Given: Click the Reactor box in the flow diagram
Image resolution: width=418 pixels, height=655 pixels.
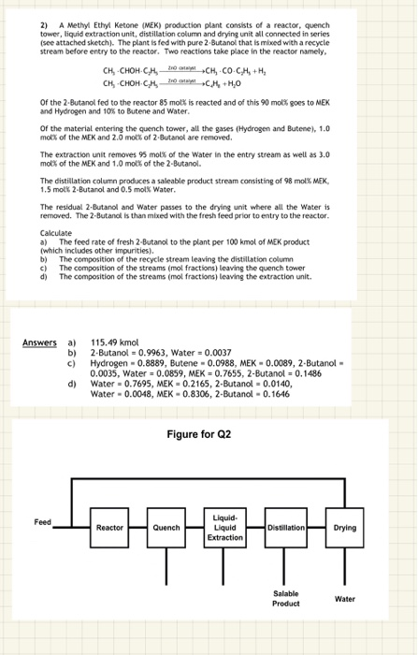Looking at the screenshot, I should click(109, 528).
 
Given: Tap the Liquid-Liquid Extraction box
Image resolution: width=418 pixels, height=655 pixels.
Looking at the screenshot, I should click(224, 527).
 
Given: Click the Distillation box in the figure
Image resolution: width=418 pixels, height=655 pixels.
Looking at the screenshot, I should click(286, 528).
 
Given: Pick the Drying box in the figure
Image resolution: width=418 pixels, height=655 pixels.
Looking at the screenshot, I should click(345, 528).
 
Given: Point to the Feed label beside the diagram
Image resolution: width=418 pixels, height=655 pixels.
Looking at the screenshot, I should click(42, 521).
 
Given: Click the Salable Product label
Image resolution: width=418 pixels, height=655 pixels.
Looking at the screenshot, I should click(285, 599).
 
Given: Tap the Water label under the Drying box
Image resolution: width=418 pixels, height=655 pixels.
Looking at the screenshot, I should click(345, 598).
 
